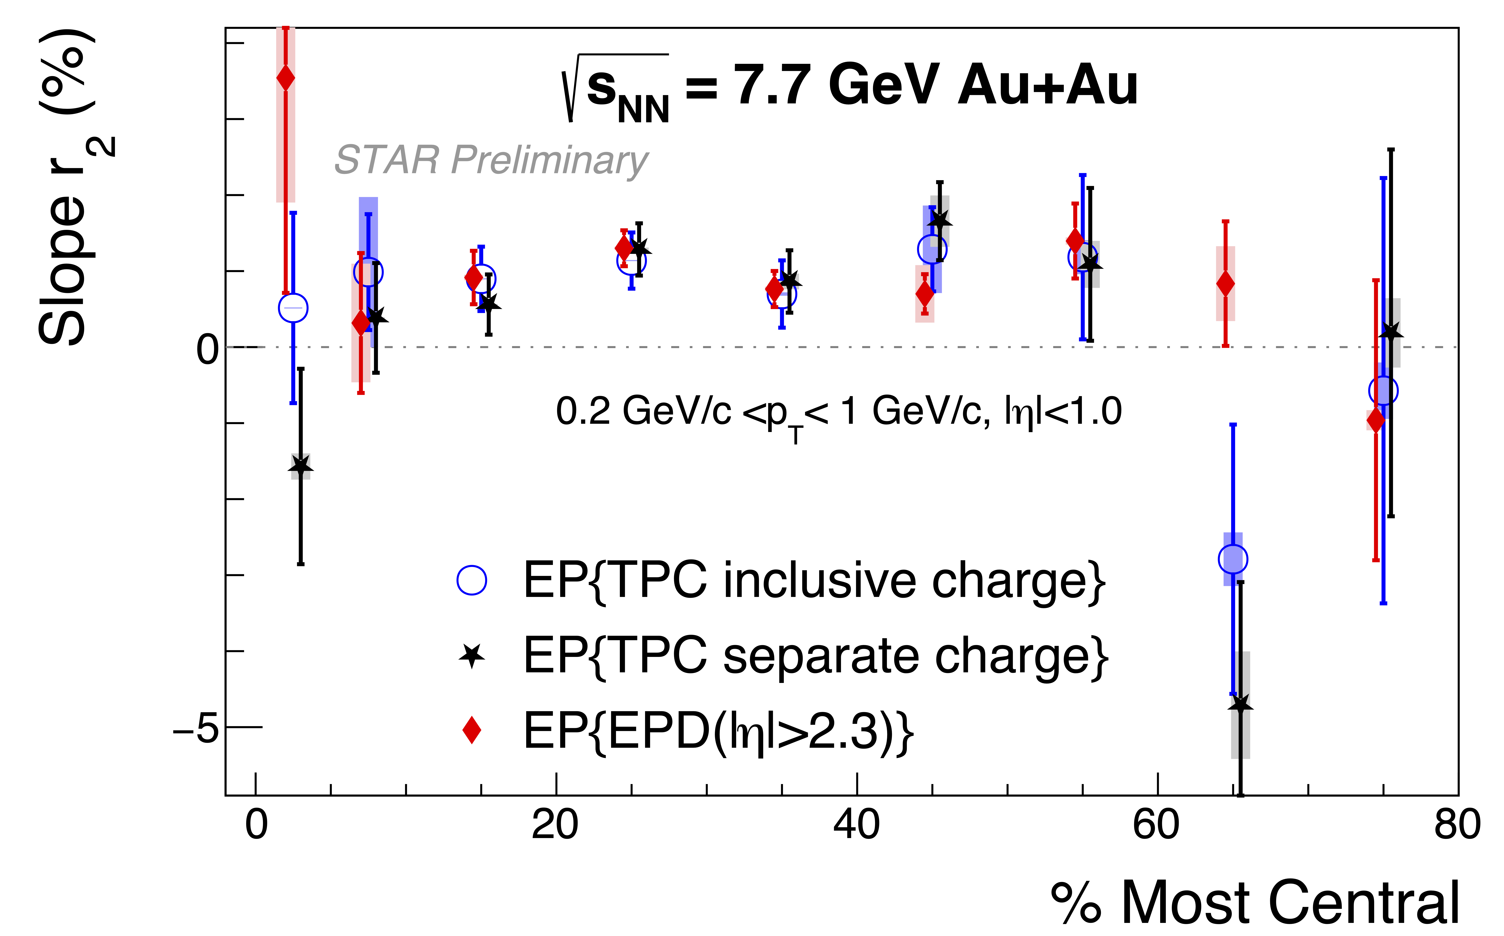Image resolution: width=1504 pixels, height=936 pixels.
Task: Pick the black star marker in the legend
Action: pyautogui.click(x=472, y=656)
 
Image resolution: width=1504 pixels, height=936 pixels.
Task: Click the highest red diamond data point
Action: pyautogui.click(x=285, y=78)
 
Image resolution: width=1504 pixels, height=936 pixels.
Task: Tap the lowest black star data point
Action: pyautogui.click(x=1240, y=704)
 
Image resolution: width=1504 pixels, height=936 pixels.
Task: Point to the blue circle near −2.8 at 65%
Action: pyautogui.click(x=1233, y=559)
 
